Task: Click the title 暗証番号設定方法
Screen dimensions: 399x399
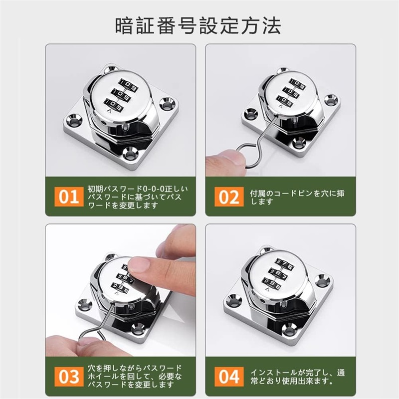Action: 198,26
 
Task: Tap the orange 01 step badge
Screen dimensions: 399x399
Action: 69,197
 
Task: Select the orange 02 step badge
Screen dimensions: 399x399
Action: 229,197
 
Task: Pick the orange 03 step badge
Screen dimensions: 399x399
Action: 69,377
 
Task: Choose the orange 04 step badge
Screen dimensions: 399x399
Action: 229,377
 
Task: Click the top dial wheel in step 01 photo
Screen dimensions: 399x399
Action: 129,85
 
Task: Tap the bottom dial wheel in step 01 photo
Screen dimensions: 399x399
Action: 114,105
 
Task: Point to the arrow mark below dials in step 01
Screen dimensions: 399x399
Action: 109,112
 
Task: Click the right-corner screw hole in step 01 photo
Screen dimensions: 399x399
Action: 167,104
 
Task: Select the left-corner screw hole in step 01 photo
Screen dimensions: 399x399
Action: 74,121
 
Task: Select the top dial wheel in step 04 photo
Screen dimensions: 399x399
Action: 285,264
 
